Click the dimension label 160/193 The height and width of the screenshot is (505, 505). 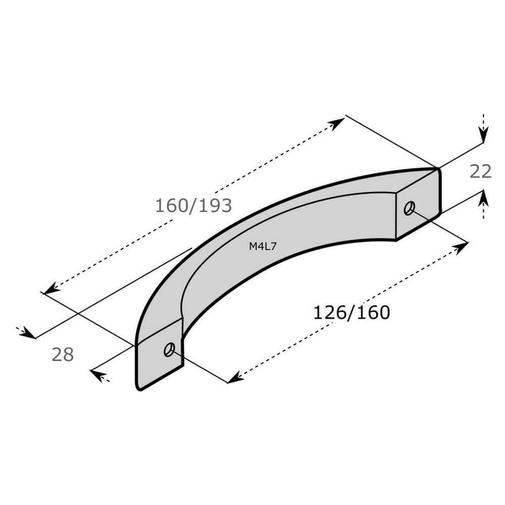pyautogui.click(x=194, y=205)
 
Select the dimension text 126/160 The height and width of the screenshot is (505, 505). pyautogui.click(x=352, y=312)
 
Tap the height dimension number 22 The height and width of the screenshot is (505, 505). pyautogui.click(x=480, y=171)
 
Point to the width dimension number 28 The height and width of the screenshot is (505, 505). pyautogui.click(x=62, y=355)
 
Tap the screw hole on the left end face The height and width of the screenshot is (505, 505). pyautogui.click(x=169, y=350)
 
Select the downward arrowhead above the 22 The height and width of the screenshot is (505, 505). pyautogui.click(x=483, y=134)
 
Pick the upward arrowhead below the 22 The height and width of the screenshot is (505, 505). pyautogui.click(x=483, y=199)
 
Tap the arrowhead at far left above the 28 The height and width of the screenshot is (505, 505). pyautogui.click(x=28, y=331)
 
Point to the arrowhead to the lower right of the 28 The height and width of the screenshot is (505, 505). pyautogui.click(x=98, y=374)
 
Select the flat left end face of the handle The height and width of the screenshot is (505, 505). pyautogui.click(x=159, y=355)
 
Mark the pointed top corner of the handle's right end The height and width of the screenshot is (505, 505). pyautogui.click(x=437, y=168)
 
